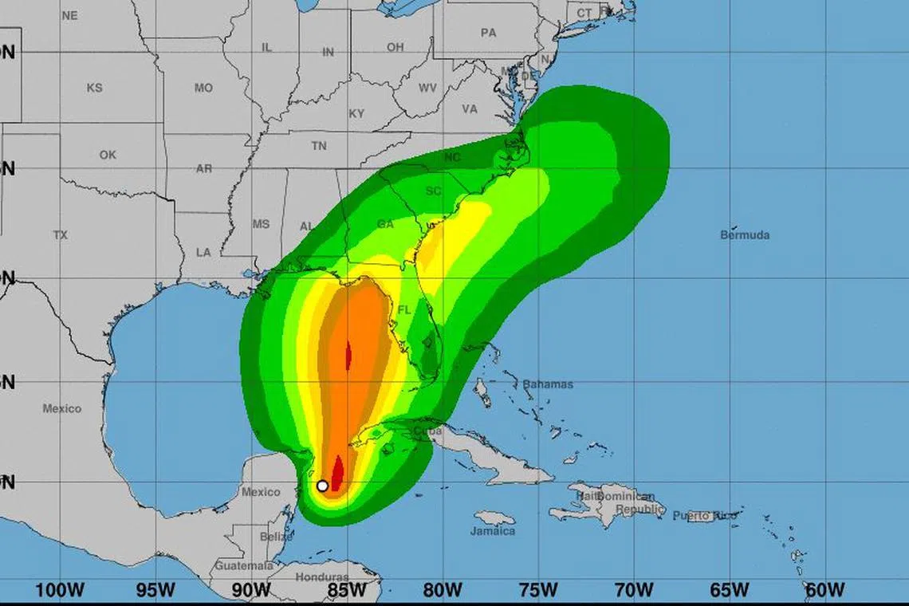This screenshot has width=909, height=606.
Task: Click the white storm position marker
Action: [x=322, y=486]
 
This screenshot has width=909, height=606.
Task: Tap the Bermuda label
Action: [x=745, y=235]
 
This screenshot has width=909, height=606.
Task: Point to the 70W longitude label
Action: [x=634, y=591]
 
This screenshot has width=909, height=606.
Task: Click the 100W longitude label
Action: [x=61, y=591]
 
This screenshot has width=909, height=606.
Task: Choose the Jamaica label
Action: [x=492, y=531]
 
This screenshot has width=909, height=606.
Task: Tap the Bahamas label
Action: [x=547, y=384]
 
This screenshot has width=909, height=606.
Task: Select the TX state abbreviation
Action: [x=61, y=235]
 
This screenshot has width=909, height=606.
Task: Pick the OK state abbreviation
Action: [x=108, y=155]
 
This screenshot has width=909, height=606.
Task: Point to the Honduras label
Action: [x=322, y=577]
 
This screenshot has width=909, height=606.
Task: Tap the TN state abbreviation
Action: [x=319, y=146]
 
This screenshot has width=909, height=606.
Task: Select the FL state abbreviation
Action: [x=404, y=310]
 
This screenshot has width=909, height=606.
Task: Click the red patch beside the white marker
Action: [x=337, y=474]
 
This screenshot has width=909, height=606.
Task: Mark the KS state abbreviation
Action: [x=94, y=88]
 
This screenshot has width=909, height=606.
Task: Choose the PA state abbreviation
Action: [x=488, y=33]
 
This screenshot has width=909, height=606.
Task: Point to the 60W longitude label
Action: [x=824, y=591]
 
